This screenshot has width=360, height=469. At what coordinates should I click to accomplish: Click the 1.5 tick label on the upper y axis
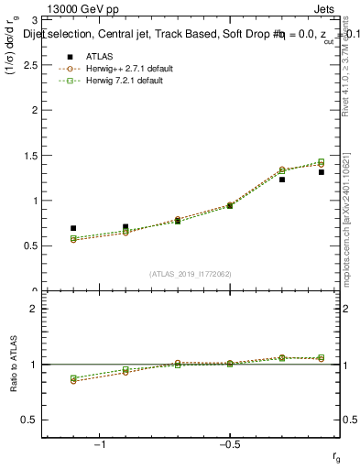32,155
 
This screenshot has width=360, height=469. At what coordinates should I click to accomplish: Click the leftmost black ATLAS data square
73,228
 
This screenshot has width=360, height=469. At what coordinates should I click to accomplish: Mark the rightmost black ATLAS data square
322,171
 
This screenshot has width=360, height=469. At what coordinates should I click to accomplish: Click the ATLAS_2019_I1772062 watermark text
191,274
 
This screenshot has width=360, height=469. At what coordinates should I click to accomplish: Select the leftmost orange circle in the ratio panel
73,380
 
